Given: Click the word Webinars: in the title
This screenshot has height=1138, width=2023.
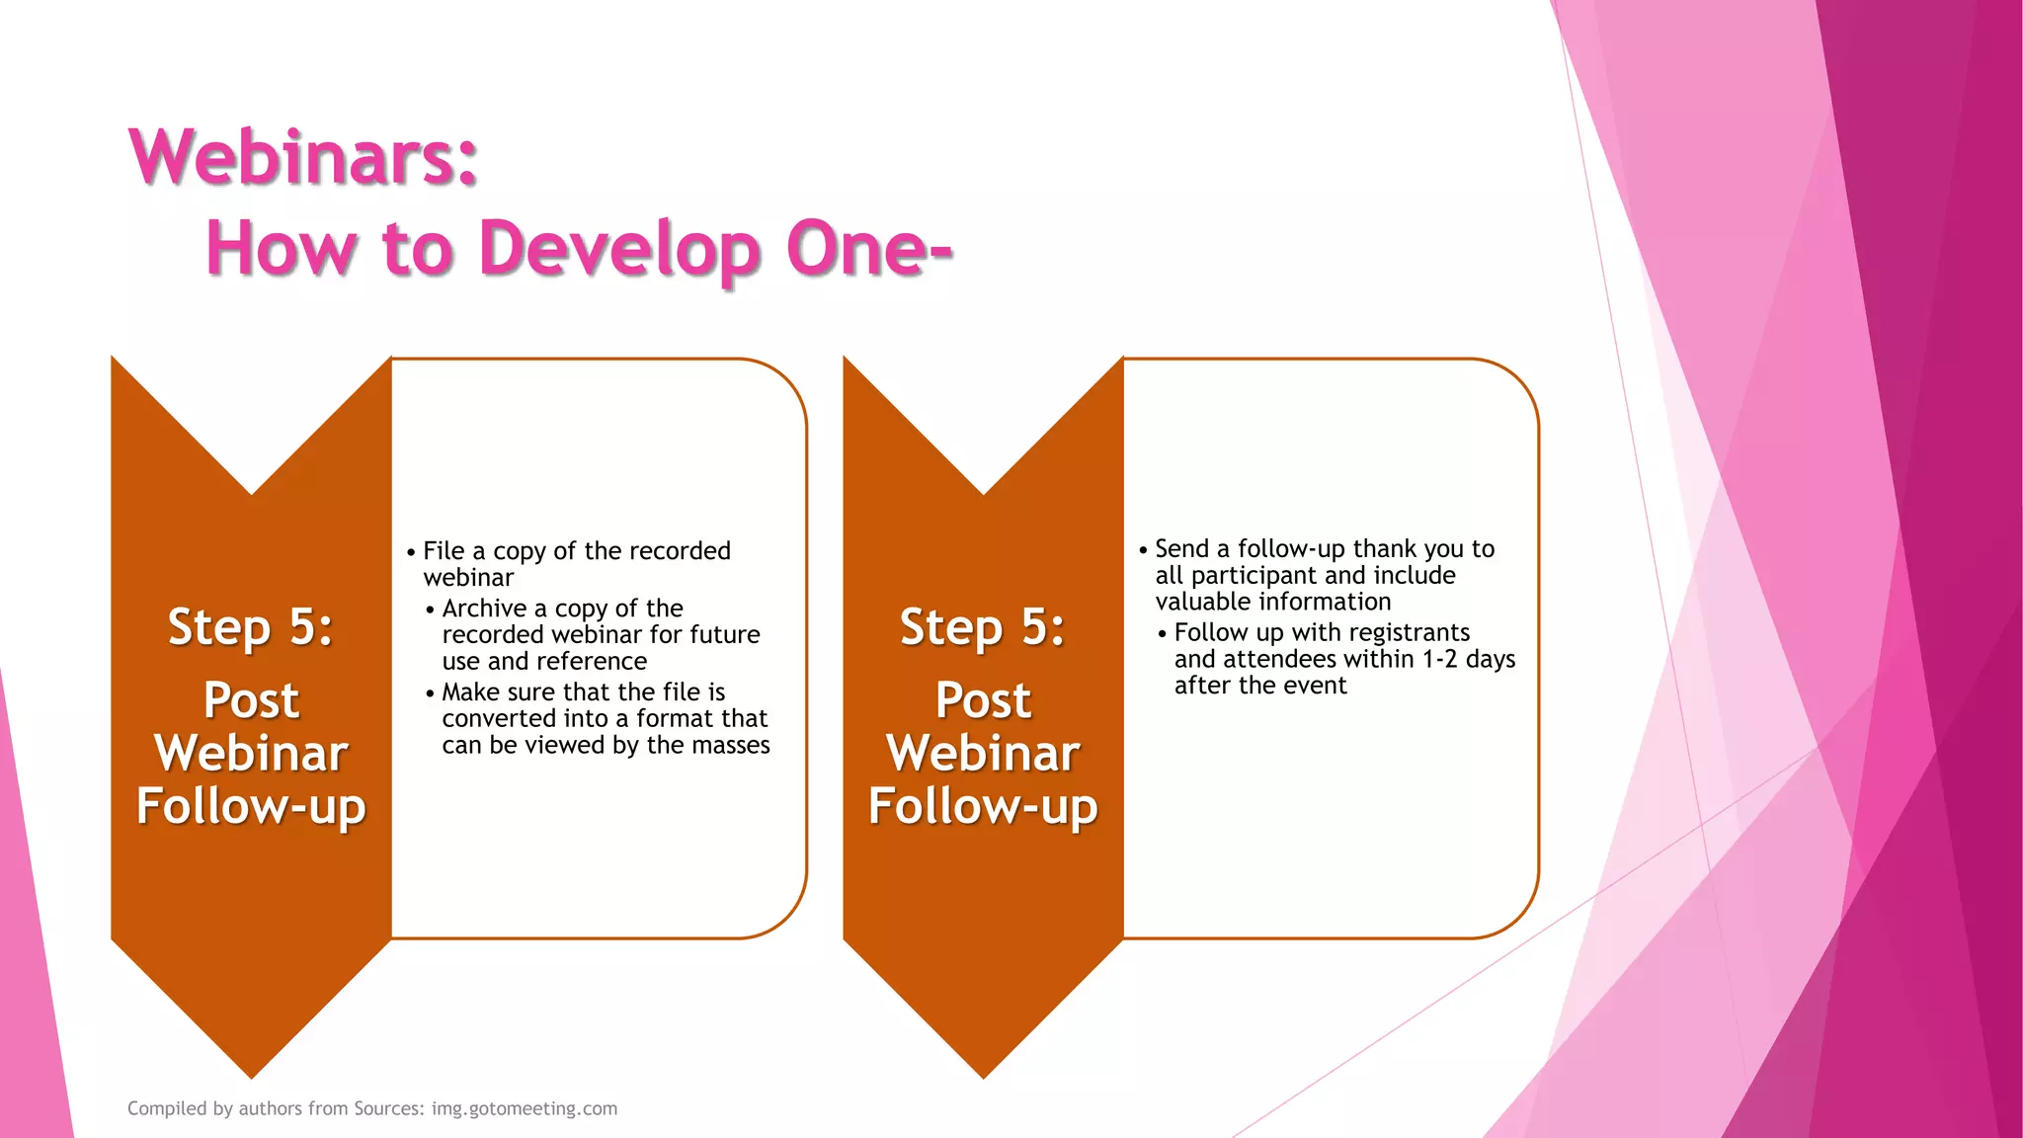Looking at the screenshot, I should point(303,158).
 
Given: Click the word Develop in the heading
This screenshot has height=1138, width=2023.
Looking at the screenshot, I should point(619,249).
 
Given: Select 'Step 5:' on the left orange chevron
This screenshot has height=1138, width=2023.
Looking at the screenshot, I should point(251,627).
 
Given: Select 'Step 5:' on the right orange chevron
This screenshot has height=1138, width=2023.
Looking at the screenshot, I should point(983,627).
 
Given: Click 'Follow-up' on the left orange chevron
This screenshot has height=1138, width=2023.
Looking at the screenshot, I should point(251,806).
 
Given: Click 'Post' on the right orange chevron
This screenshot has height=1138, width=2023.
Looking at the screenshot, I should point(983,700).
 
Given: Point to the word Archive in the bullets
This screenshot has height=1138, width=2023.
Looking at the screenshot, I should point(484,609).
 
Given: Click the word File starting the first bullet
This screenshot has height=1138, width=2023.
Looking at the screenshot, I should point(444,551).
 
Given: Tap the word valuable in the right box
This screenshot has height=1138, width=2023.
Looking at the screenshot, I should point(1202,602).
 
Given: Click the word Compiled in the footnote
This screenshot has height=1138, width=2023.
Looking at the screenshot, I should point(167,1108).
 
